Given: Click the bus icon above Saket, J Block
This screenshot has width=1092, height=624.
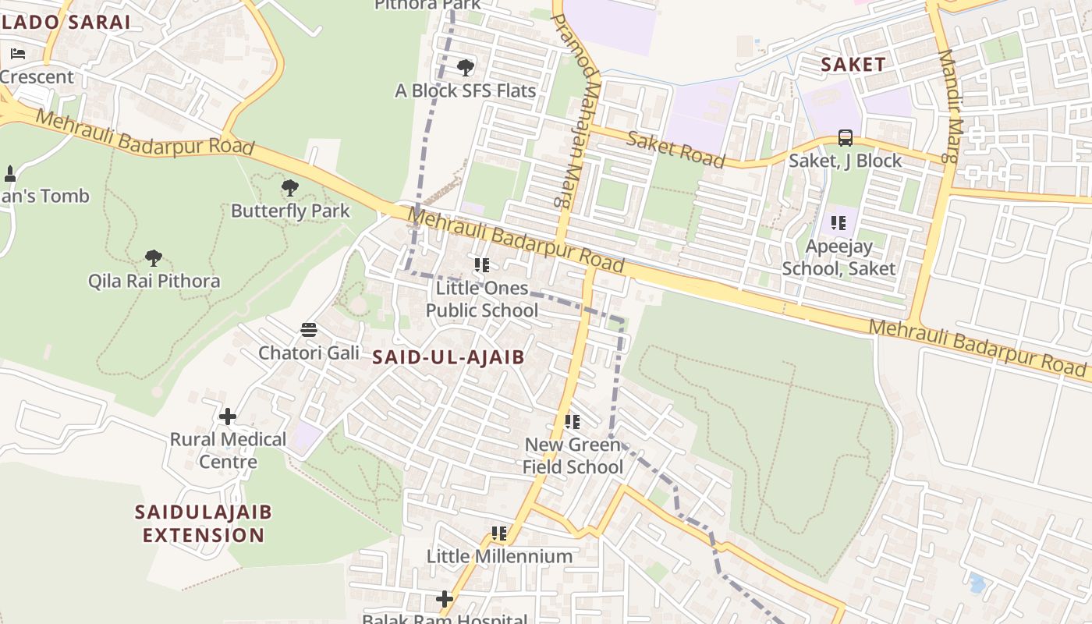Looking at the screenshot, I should click(x=845, y=138).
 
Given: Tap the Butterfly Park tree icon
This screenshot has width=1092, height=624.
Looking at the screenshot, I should click(x=289, y=188).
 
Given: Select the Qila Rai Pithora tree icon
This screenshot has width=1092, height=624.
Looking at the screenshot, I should click(x=154, y=257).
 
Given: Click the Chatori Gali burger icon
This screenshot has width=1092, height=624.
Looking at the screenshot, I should click(x=309, y=330).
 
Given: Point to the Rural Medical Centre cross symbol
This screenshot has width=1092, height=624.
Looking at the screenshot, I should click(x=228, y=417).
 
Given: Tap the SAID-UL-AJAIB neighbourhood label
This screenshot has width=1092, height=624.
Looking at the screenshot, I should click(x=448, y=357).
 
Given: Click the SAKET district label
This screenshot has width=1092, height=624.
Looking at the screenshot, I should click(x=853, y=65).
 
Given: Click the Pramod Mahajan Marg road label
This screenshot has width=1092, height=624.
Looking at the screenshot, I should click(x=574, y=109).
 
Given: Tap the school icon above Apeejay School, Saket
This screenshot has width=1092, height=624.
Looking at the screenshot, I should click(x=838, y=223).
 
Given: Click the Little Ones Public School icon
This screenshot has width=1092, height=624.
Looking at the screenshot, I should click(x=482, y=265).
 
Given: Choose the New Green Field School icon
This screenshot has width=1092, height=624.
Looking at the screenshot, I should click(x=573, y=422).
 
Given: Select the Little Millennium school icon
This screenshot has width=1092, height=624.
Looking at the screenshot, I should click(x=499, y=534).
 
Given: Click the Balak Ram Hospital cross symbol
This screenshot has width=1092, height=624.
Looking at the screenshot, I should click(x=445, y=599).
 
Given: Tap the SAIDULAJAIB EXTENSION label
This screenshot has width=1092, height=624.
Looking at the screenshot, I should click(x=204, y=523).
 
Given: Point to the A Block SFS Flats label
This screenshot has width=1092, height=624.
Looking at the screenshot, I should click(x=465, y=90).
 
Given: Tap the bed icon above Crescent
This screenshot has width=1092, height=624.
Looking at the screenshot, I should click(x=18, y=54).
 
